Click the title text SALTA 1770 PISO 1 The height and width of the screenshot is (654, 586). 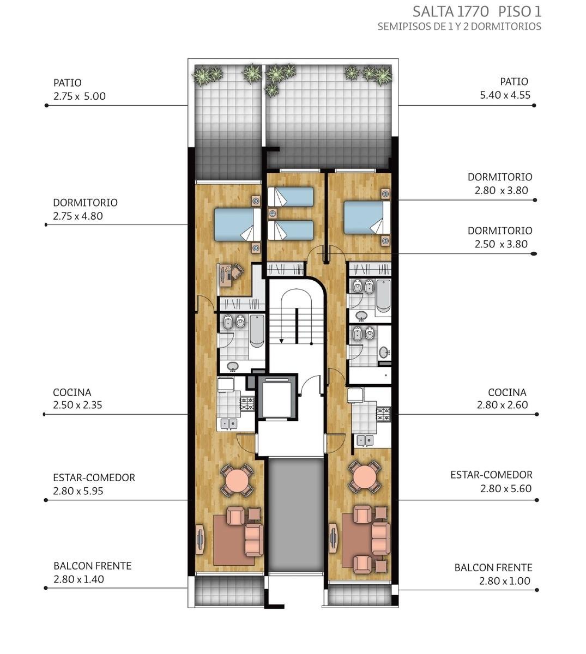[477, 12]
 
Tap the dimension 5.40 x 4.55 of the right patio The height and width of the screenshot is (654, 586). [505, 95]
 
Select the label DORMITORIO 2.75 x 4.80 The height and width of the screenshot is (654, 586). [85, 209]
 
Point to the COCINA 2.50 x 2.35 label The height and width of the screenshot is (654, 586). [77, 398]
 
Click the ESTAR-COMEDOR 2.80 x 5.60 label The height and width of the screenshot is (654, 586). [491, 482]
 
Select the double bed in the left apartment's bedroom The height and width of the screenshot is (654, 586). [238, 225]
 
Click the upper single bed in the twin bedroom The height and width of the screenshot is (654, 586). [291, 197]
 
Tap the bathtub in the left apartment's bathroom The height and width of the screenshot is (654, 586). [257, 331]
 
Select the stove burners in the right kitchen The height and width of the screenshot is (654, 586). [383, 415]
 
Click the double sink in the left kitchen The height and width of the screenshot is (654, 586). [229, 423]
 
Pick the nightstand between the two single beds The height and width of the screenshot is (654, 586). [273, 214]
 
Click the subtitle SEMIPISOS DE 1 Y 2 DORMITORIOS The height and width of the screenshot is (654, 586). [460, 27]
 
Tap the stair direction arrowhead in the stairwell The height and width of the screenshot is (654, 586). [281, 341]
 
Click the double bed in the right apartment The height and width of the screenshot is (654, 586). [367, 217]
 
